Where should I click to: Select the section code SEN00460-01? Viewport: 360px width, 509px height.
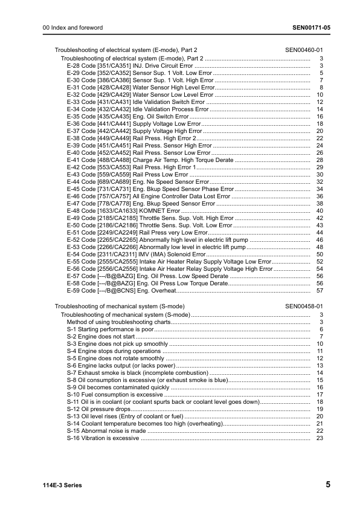click(307, 50)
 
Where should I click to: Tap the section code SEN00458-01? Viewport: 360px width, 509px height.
click(307, 306)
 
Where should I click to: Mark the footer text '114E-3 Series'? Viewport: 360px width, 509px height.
click(62, 485)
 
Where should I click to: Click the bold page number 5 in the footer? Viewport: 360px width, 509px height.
click(327, 485)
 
